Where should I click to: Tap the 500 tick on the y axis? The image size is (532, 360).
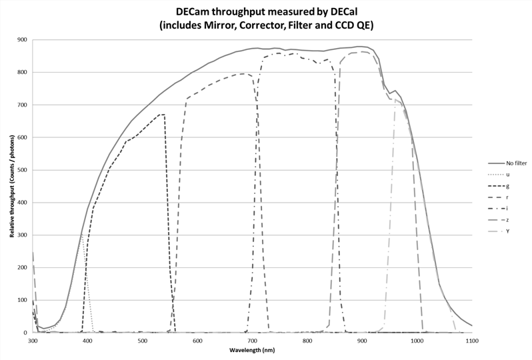click(23, 170)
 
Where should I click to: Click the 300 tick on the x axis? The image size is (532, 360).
click(33, 341)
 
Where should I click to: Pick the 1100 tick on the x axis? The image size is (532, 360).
click(471, 341)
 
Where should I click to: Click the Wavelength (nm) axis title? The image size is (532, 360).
click(251, 350)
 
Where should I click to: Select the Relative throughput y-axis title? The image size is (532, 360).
click(11, 187)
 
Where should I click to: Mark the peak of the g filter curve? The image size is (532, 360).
click(162, 115)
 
